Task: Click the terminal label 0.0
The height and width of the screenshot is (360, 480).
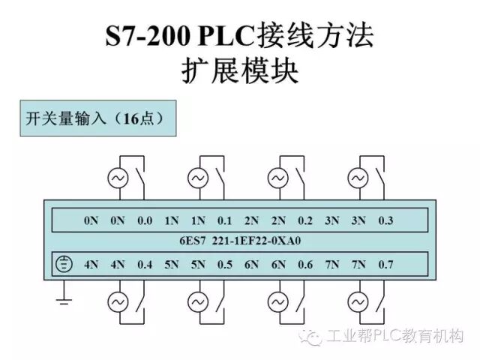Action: coord(145,221)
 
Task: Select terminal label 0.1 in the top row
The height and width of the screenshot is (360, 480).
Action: coord(224,221)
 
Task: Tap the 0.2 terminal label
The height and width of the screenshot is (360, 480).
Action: coord(305,221)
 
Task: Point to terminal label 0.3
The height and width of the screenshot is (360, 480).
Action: coord(385,221)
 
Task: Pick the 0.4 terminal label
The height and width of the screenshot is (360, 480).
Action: coord(145,264)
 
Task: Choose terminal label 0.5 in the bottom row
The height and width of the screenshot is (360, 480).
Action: coord(224,264)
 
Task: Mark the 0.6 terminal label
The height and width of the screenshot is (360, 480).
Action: coord(305,264)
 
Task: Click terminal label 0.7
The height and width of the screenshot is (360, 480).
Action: coord(385,264)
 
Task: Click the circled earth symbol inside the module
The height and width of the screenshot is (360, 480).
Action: coord(65,264)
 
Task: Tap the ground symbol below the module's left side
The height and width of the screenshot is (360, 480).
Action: coord(64,301)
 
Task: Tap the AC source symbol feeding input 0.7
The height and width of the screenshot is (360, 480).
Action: coord(357,301)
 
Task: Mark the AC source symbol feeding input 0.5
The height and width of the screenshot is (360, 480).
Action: coord(197,301)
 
